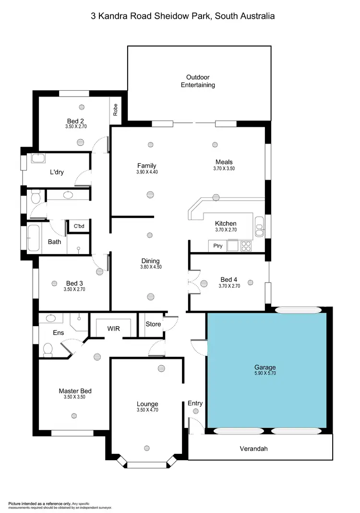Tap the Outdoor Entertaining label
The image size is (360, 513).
point(198,81)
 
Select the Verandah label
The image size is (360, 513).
point(253,449)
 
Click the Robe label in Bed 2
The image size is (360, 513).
point(115,110)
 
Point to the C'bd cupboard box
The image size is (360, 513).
point(78,226)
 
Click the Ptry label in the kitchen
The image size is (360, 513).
point(218,246)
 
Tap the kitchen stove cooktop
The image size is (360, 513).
point(246,246)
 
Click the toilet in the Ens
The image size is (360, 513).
point(48,349)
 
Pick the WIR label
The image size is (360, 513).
point(113,329)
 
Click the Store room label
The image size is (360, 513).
point(153,324)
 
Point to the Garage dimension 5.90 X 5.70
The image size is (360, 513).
point(265,373)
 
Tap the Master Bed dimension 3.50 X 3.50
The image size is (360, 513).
point(74,397)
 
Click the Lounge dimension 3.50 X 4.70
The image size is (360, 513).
point(147,410)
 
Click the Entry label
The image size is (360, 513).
point(195,403)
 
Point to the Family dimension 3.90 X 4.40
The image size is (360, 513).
point(147,172)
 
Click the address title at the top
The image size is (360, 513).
point(183,16)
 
